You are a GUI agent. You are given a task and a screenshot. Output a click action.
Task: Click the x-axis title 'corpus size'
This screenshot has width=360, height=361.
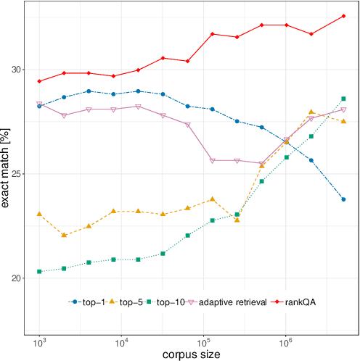[x=191, y=354]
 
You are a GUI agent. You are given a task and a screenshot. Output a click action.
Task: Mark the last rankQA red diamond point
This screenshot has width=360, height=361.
[x=343, y=16]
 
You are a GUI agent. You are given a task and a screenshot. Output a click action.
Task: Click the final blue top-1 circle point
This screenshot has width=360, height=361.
[x=343, y=199]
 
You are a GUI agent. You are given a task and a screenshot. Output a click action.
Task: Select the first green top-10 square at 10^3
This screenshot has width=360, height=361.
[x=40, y=272]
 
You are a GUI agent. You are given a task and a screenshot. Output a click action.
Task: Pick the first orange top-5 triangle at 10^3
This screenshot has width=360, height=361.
[x=40, y=215]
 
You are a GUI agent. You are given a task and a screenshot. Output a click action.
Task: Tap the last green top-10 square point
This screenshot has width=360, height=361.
[x=343, y=99]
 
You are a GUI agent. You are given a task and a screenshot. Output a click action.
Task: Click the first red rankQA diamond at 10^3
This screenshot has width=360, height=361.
[x=40, y=81]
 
